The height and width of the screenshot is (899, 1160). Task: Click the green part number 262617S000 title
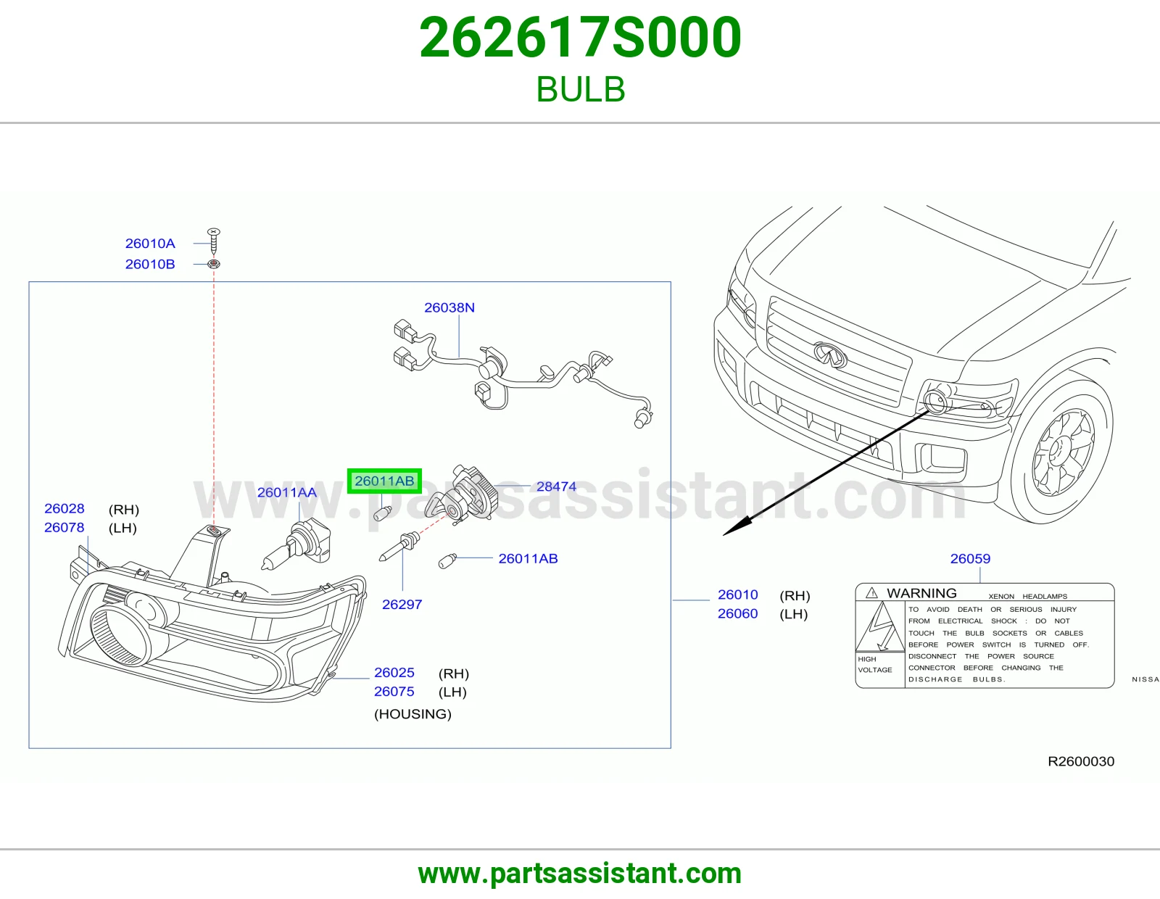coord(580,38)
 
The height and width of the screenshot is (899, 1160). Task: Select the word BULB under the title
coord(580,89)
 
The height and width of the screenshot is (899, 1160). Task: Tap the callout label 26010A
coord(150,244)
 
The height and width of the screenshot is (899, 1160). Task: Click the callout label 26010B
coord(150,264)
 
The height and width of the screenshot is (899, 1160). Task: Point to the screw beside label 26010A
coord(214,241)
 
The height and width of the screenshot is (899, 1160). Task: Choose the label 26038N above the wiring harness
coord(449,307)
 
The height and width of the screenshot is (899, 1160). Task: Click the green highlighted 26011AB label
coord(384,481)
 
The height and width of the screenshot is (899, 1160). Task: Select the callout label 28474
coord(556,486)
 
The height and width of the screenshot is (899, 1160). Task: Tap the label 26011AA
coord(286,492)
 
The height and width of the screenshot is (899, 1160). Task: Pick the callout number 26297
coord(402,605)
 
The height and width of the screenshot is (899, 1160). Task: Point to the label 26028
coord(64,508)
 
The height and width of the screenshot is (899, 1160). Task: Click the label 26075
coord(394,692)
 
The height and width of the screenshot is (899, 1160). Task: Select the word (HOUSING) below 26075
coord(413,713)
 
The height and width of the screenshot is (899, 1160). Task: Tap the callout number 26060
coord(738,613)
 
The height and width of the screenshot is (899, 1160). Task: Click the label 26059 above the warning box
coord(970,558)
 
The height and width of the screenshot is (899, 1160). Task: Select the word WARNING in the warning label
coord(922,593)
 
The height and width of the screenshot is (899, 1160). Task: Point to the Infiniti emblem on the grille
coord(830,355)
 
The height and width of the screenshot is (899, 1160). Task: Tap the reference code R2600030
coord(1081,761)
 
